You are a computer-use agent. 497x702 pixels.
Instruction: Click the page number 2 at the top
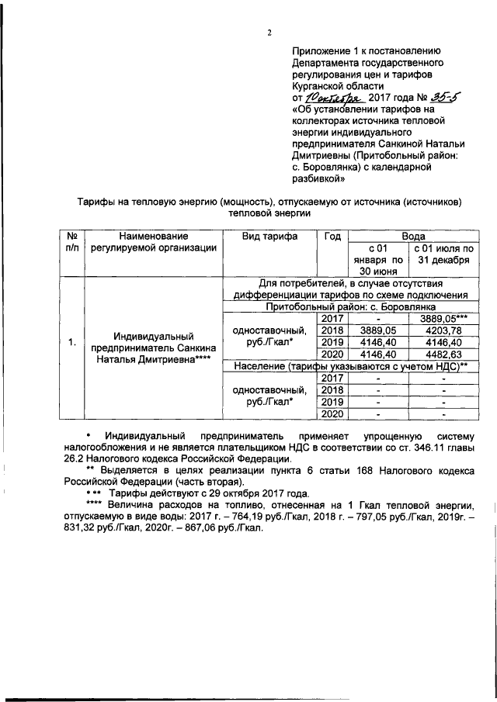(x=269, y=33)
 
